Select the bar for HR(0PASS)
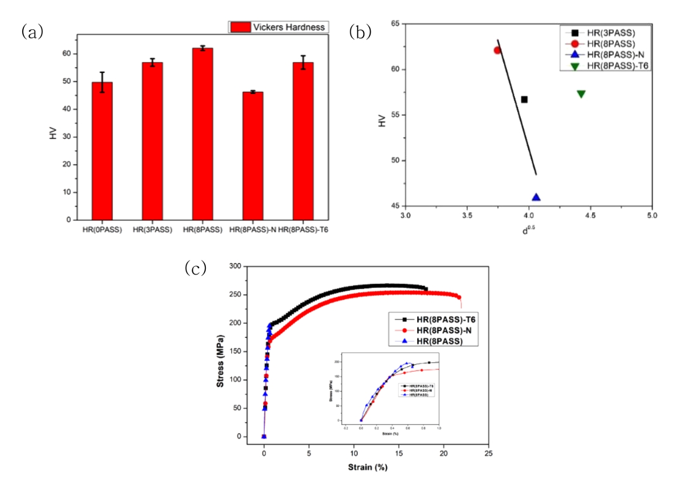coord(102,151)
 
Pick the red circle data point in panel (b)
coord(498,50)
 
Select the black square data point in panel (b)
coord(524,99)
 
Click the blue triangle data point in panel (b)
coord(536,197)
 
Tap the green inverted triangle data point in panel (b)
coord(581,94)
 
